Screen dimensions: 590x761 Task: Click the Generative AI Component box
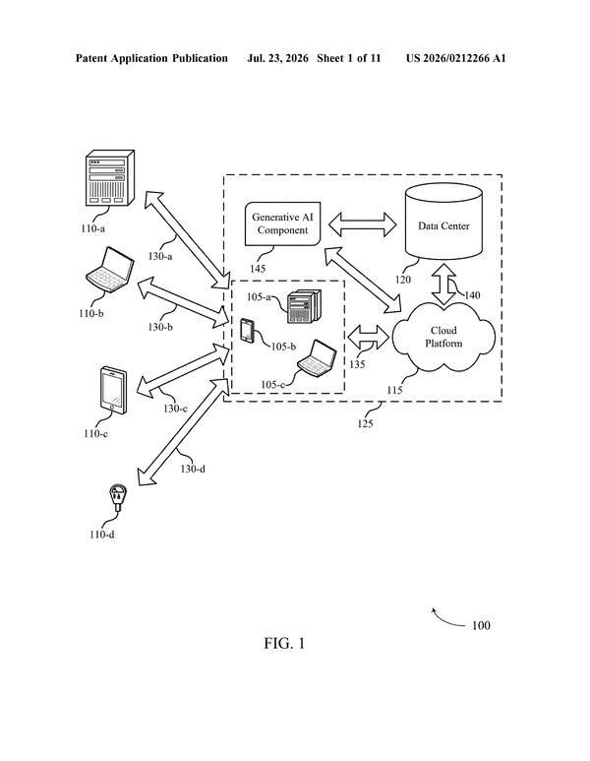point(283,223)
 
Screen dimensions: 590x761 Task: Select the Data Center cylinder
point(443,221)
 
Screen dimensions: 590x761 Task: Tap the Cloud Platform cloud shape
point(443,337)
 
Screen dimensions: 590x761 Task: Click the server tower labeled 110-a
point(110,177)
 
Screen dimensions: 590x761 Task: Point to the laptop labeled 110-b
point(110,271)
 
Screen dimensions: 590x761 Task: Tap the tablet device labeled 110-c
point(114,391)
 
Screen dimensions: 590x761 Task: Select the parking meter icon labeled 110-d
point(118,497)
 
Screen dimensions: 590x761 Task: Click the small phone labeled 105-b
point(248,331)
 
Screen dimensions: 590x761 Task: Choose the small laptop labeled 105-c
point(318,358)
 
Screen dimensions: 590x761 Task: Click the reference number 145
point(258,269)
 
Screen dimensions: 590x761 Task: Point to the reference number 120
point(403,280)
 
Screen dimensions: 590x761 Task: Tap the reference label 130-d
point(193,469)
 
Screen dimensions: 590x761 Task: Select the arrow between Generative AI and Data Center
point(363,224)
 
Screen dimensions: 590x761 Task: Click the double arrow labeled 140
point(443,284)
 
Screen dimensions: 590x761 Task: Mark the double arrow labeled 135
point(369,337)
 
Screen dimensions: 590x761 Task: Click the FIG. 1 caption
point(284,644)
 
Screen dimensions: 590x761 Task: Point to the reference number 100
point(481,625)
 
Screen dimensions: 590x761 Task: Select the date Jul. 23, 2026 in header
point(277,59)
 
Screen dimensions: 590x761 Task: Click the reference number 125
point(365,423)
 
